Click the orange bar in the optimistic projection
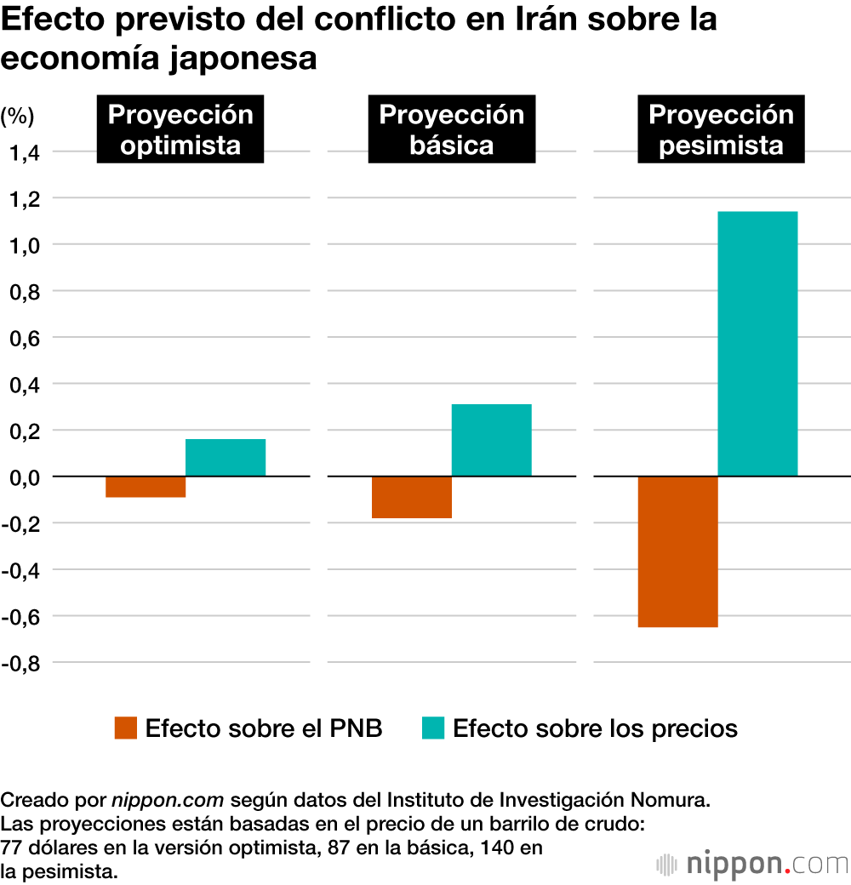click(146, 487)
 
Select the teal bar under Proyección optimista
click(226, 458)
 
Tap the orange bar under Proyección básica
click(412, 498)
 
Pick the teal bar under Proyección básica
click(492, 440)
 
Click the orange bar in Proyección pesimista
click(678, 551)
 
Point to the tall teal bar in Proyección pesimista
click(757, 344)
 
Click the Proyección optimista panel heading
click(180, 130)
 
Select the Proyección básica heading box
click(452, 130)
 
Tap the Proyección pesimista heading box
click(722, 130)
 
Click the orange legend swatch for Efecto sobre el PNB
click(126, 728)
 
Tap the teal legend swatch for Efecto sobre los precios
click(433, 728)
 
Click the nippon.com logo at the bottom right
click(753, 864)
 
